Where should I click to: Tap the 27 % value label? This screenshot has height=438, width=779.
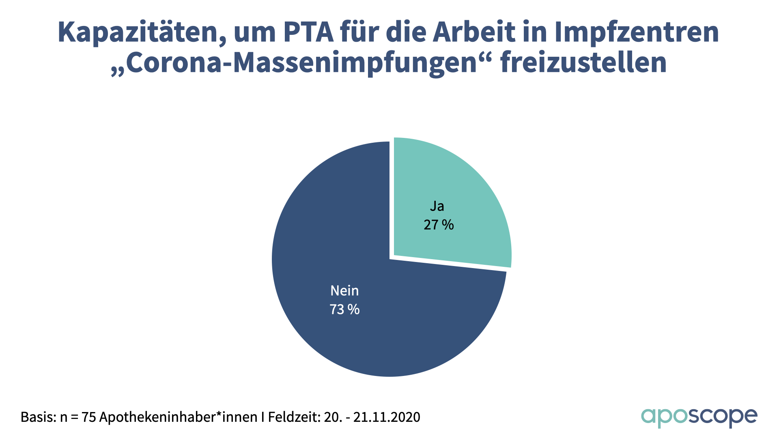[x=439, y=225]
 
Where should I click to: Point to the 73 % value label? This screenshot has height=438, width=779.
[x=344, y=309]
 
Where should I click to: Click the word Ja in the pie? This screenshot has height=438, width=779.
[x=437, y=206]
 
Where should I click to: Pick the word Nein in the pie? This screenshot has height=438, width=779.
[x=344, y=291]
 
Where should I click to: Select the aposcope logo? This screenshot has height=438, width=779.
[x=699, y=417]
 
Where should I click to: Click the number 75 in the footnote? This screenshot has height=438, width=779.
[x=89, y=417]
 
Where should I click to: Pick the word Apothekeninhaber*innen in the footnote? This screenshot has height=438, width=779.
[x=179, y=417]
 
